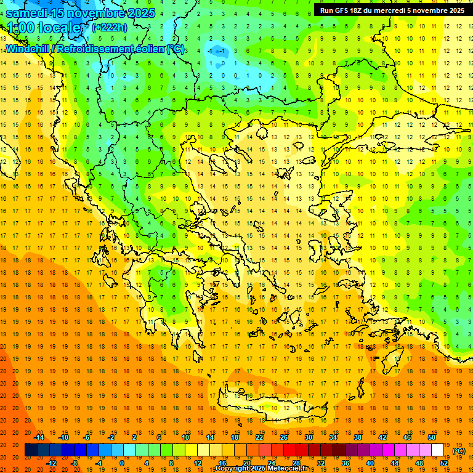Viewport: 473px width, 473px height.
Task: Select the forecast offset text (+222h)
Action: pos(109,27)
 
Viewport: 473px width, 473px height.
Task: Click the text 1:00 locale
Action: pos(44,28)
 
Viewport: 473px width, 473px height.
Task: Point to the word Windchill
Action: pos(28,49)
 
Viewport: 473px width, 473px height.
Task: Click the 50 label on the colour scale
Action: pos(431,437)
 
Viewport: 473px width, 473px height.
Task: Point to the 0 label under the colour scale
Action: pos(122,463)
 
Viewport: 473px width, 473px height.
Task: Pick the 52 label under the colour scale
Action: pos(444,463)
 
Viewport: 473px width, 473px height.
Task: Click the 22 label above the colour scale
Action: pos(259,437)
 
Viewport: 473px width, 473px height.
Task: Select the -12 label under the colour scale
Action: pos(51,463)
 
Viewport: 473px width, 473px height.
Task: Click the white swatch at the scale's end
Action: pos(438,450)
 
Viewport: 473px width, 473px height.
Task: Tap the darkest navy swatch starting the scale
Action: pos(31,450)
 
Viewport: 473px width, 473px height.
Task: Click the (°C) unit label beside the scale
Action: pos(459,451)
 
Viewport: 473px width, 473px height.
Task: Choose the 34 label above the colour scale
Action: pos(333,437)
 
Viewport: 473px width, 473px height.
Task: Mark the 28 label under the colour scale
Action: pos(296,463)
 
